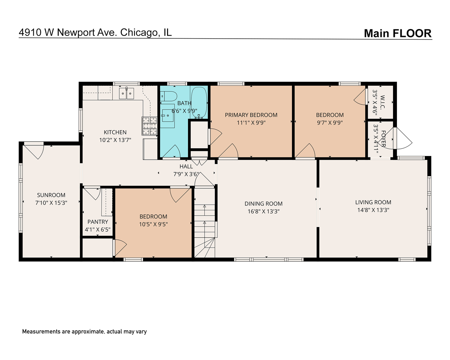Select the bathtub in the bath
[199, 102]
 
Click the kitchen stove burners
[150, 126]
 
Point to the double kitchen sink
[127, 93]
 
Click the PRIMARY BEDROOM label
[251, 115]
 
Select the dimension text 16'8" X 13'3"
[263, 211]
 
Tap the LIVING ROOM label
[373, 202]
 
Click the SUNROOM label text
[51, 195]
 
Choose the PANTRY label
[98, 222]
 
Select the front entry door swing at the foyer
[402, 138]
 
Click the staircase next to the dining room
[204, 227]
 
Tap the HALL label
[186, 166]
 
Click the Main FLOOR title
[397, 33]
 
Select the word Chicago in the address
[140, 32]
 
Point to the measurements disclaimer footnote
[84, 332]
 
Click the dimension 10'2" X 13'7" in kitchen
[115, 140]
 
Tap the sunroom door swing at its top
[34, 151]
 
